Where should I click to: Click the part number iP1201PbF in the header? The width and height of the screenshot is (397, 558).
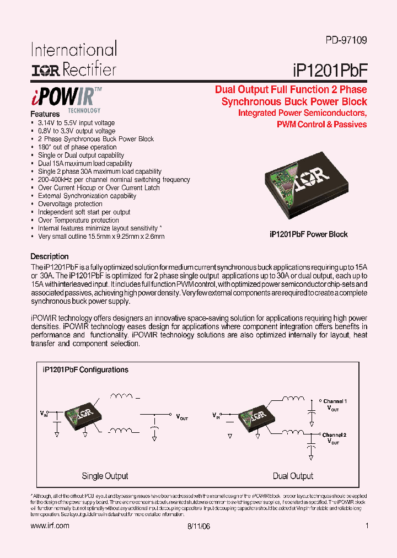pos(329,69)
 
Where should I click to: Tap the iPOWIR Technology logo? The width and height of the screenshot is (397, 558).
pos(66,98)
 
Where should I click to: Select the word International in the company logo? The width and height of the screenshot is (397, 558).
pos(73,50)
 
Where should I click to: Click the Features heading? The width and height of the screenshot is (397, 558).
pos(45,114)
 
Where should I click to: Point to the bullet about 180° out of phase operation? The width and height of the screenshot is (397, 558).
pos(77,147)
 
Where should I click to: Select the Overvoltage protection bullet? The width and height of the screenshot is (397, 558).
pos(70,204)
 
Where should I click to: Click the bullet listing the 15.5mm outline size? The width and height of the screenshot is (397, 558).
pos(101,237)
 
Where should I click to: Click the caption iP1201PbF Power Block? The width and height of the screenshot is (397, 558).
pos(309,234)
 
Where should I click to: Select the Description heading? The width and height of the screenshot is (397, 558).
pos(50,256)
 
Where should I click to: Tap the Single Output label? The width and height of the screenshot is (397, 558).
pos(105,476)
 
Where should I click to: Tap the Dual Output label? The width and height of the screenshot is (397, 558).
pos(293,476)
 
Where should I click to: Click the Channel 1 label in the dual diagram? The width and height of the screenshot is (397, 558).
pos(335,401)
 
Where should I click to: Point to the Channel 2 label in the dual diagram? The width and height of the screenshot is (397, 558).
pos(334,435)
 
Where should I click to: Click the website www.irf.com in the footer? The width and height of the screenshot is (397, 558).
pos(50,526)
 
